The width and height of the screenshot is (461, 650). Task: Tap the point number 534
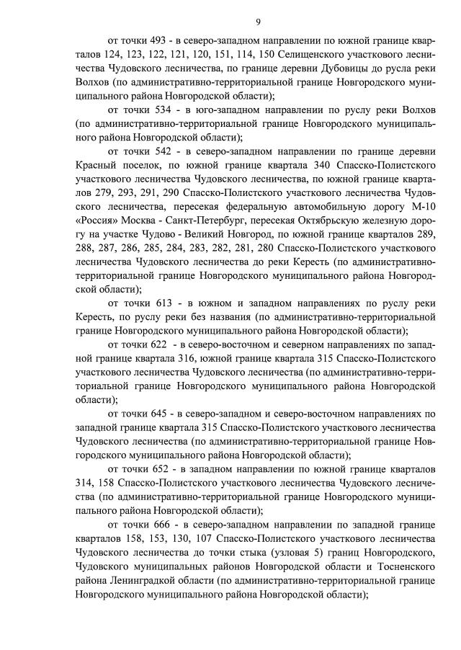coord(158,110)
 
